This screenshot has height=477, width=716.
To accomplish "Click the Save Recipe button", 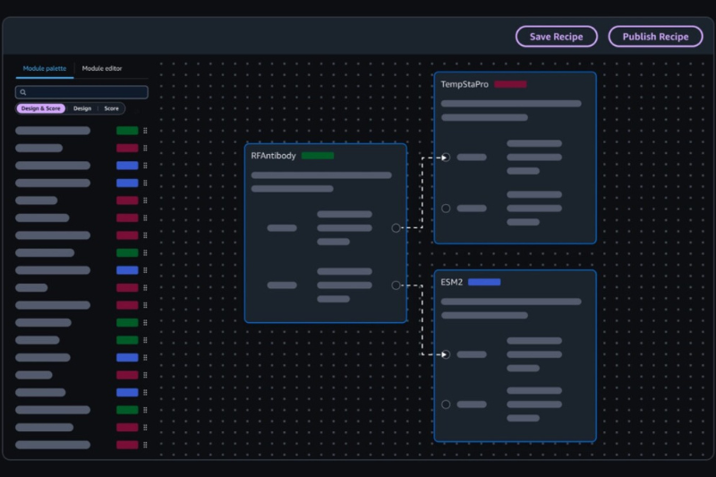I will pos(556,37).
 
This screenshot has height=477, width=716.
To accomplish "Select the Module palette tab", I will pos(44,69).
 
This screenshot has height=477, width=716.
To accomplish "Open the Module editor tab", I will pos(102,69).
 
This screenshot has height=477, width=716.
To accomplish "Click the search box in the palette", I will pos(82,92).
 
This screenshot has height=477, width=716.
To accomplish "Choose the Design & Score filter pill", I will pos(41,108).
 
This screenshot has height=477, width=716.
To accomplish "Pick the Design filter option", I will pos(82,108).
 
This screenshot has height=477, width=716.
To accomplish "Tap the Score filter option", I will pos(111,108).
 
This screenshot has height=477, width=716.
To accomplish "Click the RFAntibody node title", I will pos(273,156).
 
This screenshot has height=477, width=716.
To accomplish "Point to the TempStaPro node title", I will pos(464,84).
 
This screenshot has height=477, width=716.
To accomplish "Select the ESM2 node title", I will pos(451,282).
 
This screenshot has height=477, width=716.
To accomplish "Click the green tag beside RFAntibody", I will pos(318,156).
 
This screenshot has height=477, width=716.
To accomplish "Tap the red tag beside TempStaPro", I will pos(510,84).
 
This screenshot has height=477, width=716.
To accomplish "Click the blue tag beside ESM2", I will pos(484,282).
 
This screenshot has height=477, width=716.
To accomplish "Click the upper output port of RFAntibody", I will pos(396,228).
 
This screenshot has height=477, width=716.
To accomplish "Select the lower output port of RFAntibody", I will pos(396,285).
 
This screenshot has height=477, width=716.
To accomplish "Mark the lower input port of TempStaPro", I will pos(446,209).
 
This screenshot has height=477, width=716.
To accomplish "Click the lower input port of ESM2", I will pos(446,405).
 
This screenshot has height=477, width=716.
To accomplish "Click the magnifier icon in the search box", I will pos(23,92).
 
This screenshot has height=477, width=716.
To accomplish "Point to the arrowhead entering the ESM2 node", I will pos(444,354).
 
